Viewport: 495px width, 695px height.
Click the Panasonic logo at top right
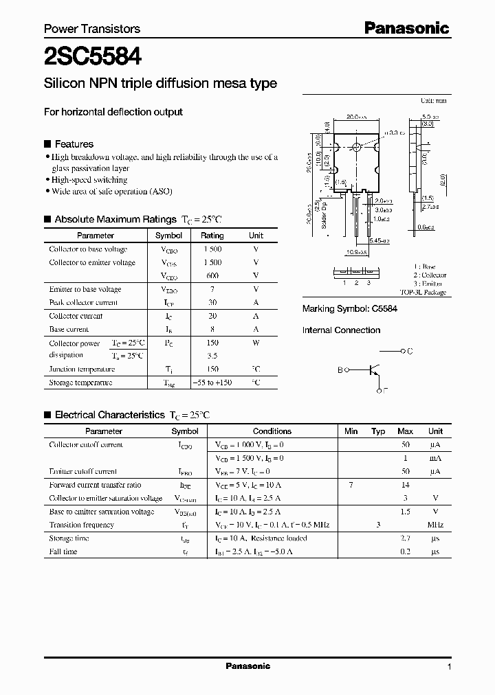click(406, 28)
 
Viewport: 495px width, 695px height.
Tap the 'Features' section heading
click(74, 144)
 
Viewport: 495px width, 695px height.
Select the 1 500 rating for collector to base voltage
click(212, 249)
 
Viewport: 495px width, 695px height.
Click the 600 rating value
click(212, 276)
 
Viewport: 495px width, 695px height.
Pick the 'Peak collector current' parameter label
click(83, 303)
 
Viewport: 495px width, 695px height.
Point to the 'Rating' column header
click(212, 236)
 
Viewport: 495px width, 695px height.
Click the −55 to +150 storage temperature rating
click(212, 383)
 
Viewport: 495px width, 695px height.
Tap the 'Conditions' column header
click(272, 431)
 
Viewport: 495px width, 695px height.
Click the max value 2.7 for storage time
click(405, 538)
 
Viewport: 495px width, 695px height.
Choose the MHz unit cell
click(435, 525)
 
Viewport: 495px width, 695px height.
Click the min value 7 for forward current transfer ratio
click(351, 485)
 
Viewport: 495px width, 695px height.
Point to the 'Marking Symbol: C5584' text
click(350, 310)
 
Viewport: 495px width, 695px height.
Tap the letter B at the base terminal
click(340, 370)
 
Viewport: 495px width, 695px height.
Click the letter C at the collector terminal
click(410, 351)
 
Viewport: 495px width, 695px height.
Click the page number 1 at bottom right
click(449, 667)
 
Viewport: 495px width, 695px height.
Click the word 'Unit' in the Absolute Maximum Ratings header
click(256, 236)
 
